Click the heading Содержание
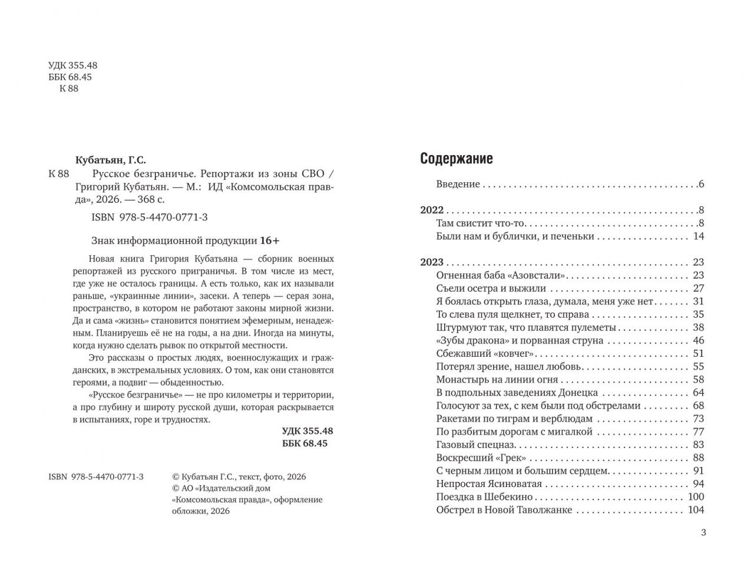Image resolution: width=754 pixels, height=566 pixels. (457, 159)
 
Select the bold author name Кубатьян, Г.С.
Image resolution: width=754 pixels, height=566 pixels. (111, 160)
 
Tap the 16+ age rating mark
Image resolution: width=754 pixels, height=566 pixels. (270, 241)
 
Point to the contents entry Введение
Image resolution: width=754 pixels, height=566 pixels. (458, 184)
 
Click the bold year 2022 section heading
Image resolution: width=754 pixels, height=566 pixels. (432, 210)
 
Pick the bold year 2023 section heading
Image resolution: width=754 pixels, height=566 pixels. (432, 262)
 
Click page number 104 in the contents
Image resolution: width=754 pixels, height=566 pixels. (696, 510)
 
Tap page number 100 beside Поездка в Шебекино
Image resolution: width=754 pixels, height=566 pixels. (696, 497)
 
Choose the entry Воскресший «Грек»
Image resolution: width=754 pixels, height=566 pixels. (481, 458)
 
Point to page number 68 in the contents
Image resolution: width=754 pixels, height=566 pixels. (698, 406)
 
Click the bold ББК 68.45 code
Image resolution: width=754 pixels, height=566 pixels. (305, 443)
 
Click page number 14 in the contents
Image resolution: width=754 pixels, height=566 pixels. (699, 236)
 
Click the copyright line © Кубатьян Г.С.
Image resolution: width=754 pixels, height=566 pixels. (239, 477)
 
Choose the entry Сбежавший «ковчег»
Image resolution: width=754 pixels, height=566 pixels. (485, 354)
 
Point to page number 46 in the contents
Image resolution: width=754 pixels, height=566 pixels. (698, 341)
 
